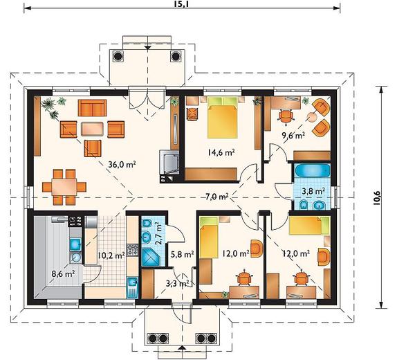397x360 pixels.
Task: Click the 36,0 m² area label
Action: (122, 165)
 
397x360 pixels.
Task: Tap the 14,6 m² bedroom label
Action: (221, 152)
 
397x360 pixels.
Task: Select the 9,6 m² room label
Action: (293, 136)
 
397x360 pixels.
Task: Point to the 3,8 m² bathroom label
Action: (313, 191)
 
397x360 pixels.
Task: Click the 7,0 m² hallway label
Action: (217, 197)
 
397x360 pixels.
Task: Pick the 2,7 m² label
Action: (158, 233)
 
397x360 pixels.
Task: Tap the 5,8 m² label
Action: (182, 254)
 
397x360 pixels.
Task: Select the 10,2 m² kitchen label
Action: (111, 255)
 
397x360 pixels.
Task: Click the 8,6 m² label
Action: (63, 273)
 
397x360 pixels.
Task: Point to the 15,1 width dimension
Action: (182, 3)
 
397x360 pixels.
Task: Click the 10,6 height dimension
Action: (376, 197)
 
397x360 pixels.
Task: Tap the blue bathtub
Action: (313, 171)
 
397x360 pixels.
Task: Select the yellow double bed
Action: (223, 118)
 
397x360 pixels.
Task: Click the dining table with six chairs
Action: (64, 187)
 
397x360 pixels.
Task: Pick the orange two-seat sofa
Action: (92, 108)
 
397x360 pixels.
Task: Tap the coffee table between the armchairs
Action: (92, 129)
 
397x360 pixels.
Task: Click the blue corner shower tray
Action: (151, 257)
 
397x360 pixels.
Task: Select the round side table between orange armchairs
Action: (312, 117)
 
